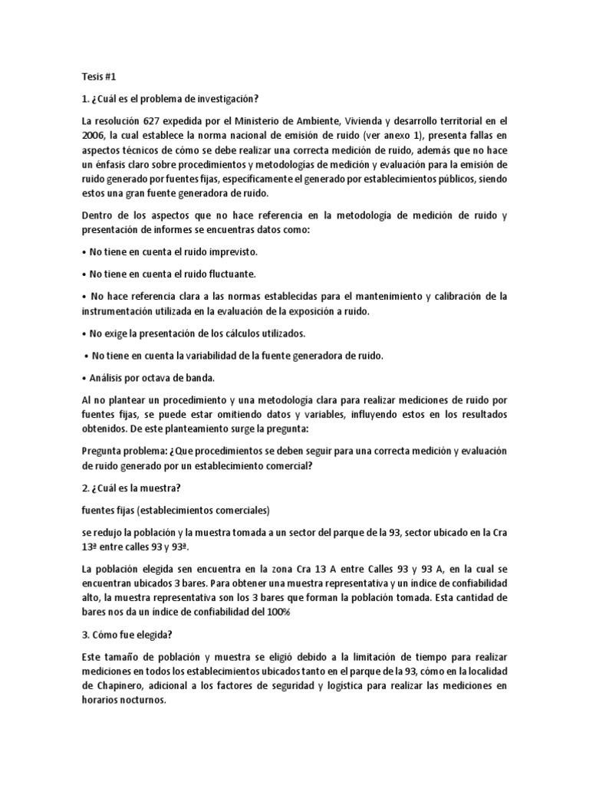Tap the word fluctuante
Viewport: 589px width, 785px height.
(x=234, y=274)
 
